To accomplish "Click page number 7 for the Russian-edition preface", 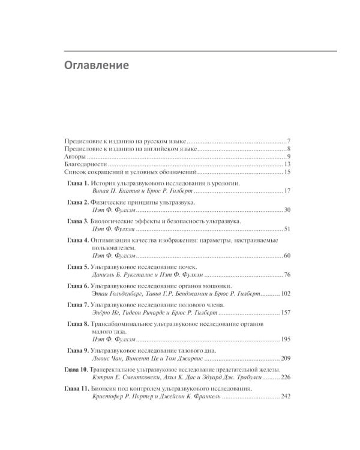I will [x=289, y=139].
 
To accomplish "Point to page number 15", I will [x=287, y=173].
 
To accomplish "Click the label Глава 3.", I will [x=77, y=221].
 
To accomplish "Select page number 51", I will [x=287, y=230].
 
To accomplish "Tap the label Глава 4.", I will [x=77, y=240].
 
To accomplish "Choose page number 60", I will [x=287, y=257].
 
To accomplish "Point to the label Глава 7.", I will [x=77, y=305].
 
